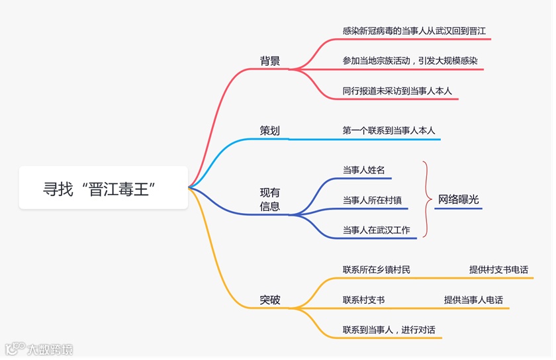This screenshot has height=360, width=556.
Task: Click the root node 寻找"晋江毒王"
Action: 103,188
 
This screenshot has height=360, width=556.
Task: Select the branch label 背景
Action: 270,61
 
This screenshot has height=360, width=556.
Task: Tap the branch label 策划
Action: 270,130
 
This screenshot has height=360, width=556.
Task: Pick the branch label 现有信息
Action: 270,199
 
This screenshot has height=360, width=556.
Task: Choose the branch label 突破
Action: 270,300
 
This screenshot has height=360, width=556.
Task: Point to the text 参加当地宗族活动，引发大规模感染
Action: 410,61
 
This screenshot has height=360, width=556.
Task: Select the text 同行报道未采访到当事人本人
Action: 397,91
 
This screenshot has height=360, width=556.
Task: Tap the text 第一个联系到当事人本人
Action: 389,130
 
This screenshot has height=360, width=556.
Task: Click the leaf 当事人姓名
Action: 364,169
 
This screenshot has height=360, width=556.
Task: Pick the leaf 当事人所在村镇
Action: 372,199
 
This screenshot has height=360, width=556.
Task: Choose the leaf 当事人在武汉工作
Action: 376,230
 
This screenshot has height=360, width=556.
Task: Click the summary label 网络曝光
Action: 459,200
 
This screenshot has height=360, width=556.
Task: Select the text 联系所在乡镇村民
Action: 376,269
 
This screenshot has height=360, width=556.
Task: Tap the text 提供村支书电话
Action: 498,269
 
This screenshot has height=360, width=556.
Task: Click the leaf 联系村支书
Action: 363,300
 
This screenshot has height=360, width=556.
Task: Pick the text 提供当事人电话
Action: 473,300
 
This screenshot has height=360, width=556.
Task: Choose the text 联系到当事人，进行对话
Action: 389,330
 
